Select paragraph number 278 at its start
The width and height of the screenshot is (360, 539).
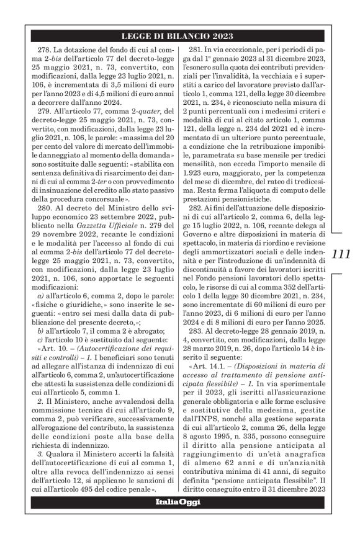click(45, 48)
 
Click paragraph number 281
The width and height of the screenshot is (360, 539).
click(197, 48)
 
